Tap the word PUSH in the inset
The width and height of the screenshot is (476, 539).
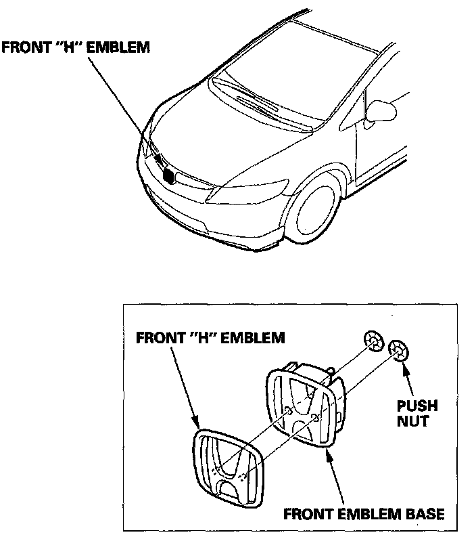click(417, 407)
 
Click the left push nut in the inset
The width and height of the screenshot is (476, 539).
click(373, 341)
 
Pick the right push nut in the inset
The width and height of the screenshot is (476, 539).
click(398, 350)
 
